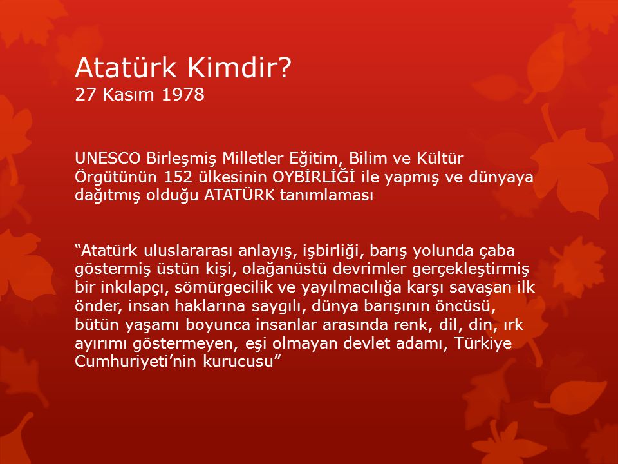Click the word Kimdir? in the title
tap(239, 68)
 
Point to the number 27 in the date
tap(86, 95)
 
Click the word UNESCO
tap(108, 159)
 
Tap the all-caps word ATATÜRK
tap(239, 195)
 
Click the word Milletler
tap(252, 159)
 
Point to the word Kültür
tap(440, 159)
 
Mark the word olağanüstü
tap(284, 269)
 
